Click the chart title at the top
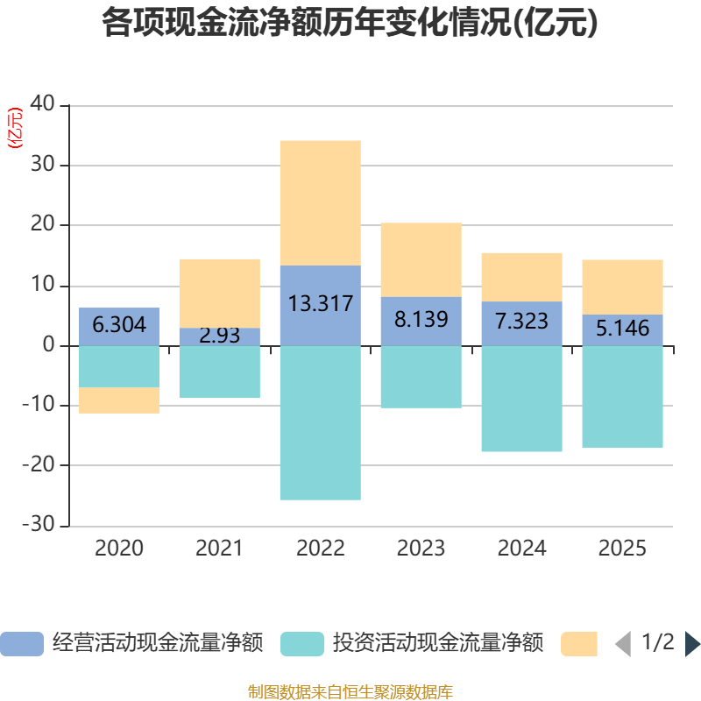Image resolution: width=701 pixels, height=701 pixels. coord(350,24)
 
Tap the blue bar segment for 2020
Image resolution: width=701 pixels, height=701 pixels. coord(119,326)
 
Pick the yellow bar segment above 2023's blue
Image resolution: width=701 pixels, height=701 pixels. coord(421,259)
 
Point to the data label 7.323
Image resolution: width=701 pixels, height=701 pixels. coord(521,321)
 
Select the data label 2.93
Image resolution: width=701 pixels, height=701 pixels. coord(219,335)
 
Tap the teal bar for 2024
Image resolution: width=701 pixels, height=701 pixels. coord(521,399)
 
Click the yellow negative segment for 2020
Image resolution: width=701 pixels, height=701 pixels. coord(119,400)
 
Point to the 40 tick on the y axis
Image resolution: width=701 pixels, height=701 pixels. coord(43,105)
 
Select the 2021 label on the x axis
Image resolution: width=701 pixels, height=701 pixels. coord(219,549)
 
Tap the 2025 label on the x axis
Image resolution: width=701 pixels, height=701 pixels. coord(622,549)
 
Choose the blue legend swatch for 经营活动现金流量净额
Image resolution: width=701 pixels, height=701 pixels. coord(21,644)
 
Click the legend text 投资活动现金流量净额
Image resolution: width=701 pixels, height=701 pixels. coord(438,644)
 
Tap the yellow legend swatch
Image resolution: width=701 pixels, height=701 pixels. coord(578,644)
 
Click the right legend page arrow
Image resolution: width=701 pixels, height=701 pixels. coord(692,644)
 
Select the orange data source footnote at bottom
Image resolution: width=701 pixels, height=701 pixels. coord(350,691)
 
